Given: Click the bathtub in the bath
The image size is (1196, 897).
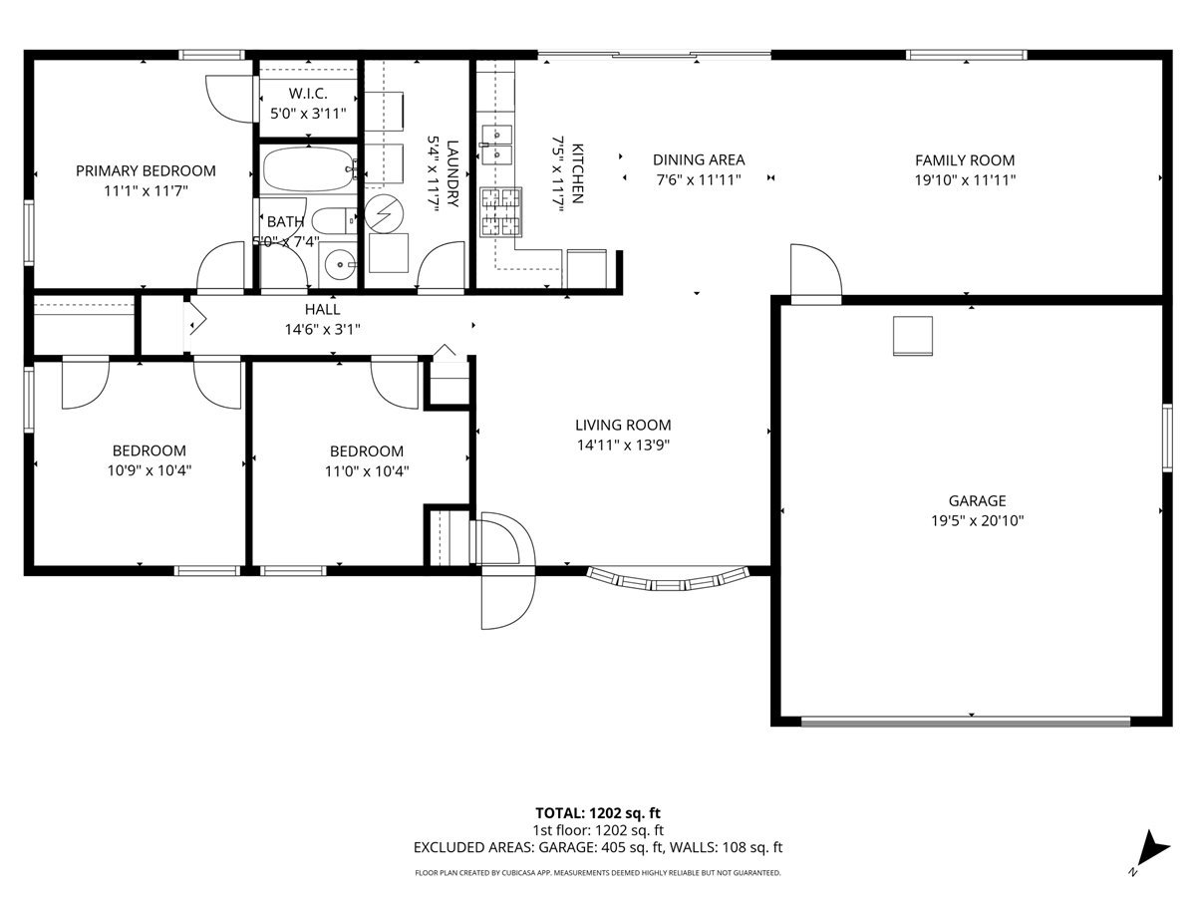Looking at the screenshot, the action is point(309,168).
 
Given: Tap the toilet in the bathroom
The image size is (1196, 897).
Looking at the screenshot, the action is point(335,220).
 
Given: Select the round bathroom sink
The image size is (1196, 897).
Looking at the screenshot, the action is point(339,264).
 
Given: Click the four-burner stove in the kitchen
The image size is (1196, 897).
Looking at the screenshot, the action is point(500,212).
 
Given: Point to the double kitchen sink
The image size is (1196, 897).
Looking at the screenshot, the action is point(495,145).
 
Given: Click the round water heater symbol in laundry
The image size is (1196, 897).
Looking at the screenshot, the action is point(384,213).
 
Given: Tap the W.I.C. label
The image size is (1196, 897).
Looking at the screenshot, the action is point(308,94).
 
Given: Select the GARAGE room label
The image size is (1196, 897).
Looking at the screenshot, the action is point(977,500).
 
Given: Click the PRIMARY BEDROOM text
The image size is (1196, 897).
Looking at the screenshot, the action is point(146,171).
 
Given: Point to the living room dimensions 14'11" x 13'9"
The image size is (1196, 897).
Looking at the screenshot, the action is point(623,445).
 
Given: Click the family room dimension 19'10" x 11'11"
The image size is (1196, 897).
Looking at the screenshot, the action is point(965,179).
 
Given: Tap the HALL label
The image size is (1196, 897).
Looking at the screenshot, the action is point(323,309).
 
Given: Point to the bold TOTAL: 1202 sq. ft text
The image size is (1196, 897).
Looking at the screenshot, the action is point(598,813).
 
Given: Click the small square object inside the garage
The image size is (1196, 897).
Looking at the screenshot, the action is point(913,336).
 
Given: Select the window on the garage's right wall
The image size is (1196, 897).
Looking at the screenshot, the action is point(1167,438).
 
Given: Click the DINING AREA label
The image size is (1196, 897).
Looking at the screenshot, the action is point(699,160).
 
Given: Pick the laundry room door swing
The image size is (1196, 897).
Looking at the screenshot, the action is point(442,265).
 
